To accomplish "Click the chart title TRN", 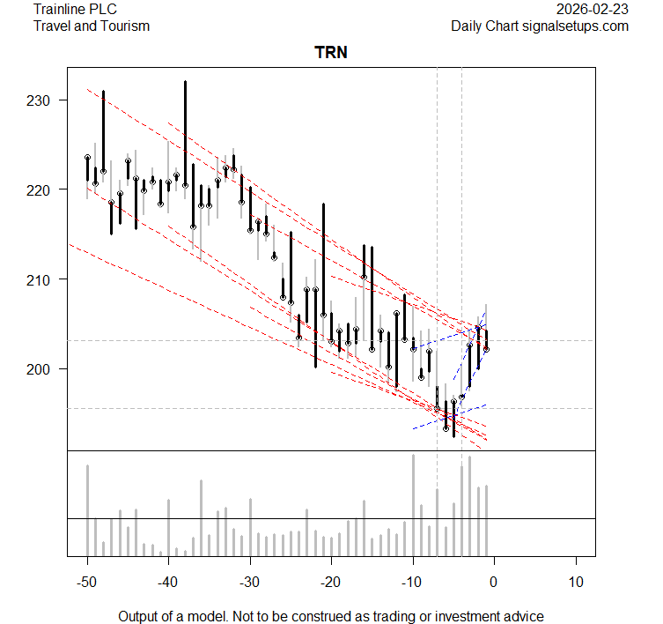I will click(331, 53).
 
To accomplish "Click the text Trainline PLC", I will click(75, 10).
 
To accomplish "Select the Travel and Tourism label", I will click(92, 26).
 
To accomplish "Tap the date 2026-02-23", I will click(593, 10).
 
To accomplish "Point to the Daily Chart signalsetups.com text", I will click(540, 26).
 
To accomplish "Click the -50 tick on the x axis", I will click(87, 582).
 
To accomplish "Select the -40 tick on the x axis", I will click(169, 582).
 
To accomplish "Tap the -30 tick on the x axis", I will click(250, 582).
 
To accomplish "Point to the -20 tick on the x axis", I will click(331, 582).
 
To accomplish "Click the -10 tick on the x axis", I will click(412, 582).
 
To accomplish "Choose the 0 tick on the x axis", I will click(494, 582).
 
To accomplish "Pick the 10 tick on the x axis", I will click(575, 582).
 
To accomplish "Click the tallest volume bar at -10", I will click(413, 506).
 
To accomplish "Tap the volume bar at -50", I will click(88, 510).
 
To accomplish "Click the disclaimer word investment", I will click(466, 616).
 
